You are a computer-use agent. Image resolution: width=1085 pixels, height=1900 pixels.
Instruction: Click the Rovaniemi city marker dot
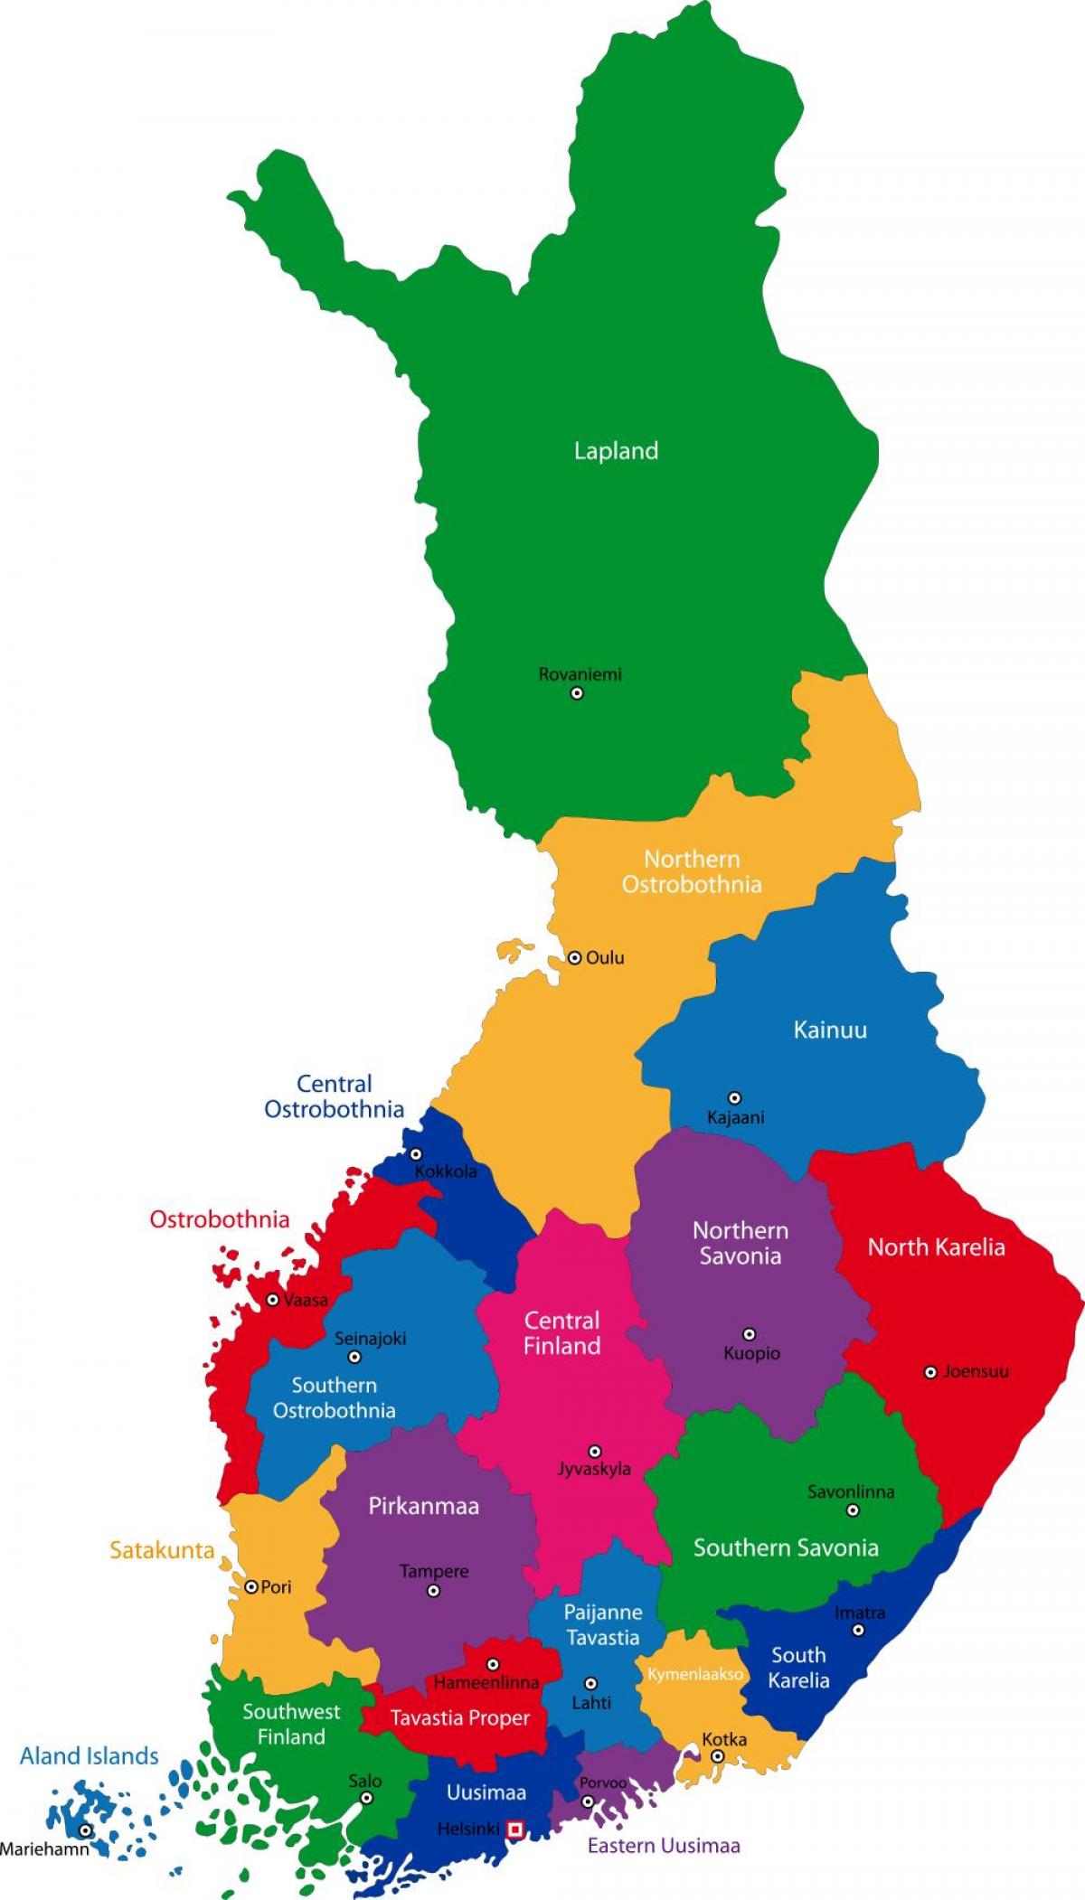point(577,693)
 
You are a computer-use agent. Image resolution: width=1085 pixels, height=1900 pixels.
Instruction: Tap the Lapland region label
point(616,451)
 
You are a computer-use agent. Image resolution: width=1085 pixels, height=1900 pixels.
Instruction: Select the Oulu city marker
point(574,957)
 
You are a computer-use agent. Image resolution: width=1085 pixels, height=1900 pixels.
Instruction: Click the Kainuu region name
point(830,1030)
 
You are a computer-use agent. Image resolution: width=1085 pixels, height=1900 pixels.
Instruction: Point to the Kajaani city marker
point(735,1097)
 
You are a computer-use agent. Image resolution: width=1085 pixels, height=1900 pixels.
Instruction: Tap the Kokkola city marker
point(416,1154)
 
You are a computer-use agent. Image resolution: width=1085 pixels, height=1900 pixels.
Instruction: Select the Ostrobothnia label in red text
point(220,1219)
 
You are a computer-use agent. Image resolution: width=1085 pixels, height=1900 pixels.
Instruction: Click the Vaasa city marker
point(273,1300)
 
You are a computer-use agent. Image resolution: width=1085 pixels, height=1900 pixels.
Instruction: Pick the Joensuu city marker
point(930,1372)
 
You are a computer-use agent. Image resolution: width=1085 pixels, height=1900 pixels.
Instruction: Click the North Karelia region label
point(936,1247)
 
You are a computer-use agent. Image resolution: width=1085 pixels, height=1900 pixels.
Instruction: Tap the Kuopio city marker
point(749,1334)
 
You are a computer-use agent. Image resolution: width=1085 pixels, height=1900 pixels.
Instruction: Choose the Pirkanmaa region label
point(423,1507)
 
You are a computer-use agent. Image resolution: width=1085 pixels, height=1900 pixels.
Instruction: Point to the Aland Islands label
point(90,1756)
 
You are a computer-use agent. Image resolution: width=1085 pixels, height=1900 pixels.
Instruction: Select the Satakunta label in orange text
point(162,1551)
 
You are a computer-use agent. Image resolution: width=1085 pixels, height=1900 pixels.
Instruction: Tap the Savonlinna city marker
point(852,1510)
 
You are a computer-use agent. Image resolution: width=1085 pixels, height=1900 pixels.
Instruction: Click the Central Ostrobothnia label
point(334,1096)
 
